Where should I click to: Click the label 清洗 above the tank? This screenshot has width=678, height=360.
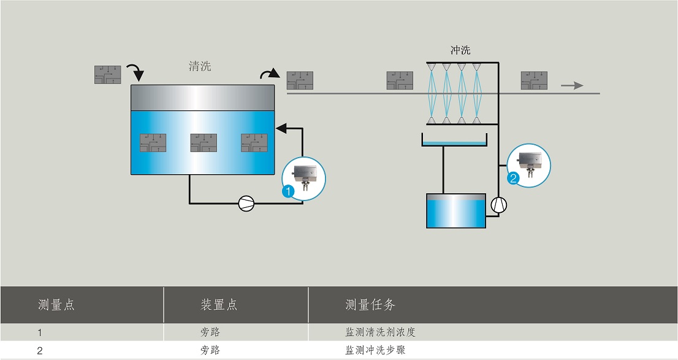(200, 66)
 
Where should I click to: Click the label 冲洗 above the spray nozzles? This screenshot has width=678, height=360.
(460, 50)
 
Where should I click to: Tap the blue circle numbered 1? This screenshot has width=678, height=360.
(288, 191)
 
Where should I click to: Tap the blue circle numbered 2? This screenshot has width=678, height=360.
(513, 178)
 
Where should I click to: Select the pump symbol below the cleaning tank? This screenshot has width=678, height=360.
(246, 203)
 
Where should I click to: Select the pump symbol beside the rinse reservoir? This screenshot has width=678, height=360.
(499, 205)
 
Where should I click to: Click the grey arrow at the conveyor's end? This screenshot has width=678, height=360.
(572, 86)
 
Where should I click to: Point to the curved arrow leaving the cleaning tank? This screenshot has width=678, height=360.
(270, 74)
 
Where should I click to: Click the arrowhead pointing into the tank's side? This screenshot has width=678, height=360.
(281, 128)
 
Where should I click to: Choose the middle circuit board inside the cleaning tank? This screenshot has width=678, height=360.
(204, 143)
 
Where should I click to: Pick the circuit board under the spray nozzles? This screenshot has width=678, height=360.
(400, 80)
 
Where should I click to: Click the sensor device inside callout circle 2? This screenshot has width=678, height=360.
(530, 163)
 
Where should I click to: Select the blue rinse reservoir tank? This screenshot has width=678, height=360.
(456, 211)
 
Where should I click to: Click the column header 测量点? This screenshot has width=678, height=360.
(56, 305)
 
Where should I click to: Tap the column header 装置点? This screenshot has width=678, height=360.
(219, 305)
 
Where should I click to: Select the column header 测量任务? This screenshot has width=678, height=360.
(370, 305)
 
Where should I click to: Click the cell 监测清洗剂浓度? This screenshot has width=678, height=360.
(381, 332)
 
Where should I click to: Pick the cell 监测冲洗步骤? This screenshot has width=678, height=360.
(375, 350)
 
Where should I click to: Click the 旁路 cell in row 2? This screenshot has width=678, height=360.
(211, 350)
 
